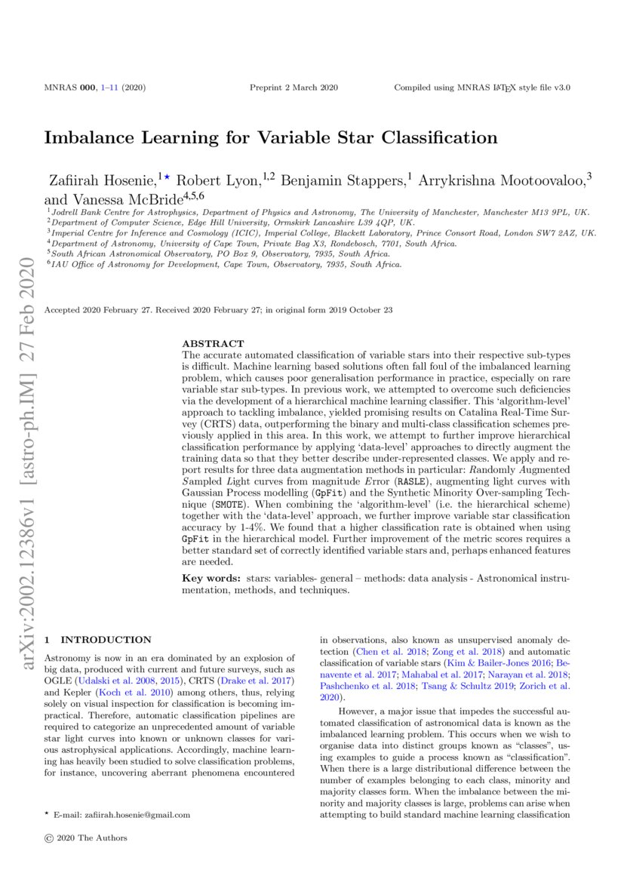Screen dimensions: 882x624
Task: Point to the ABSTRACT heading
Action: pyautogui.click(x=214, y=343)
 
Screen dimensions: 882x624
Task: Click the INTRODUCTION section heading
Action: pyautogui.click(x=106, y=639)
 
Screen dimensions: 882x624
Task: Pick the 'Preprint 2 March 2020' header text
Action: pyautogui.click(x=294, y=88)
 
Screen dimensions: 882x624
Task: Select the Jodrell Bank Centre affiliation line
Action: pyautogui.click(x=317, y=214)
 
